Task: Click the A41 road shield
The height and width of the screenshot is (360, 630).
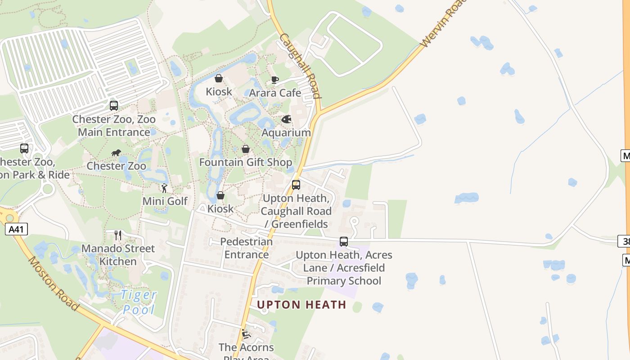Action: click(16, 229)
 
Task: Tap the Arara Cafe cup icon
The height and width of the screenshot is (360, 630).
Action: click(274, 80)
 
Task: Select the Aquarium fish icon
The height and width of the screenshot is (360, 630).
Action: click(287, 120)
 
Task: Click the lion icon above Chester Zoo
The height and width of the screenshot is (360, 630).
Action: click(116, 153)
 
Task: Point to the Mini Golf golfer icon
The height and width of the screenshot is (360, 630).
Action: click(164, 188)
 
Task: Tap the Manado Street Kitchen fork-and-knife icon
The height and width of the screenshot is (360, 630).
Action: click(118, 235)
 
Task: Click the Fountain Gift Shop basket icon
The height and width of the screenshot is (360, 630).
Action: click(246, 149)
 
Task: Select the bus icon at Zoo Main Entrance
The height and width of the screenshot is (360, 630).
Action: click(114, 106)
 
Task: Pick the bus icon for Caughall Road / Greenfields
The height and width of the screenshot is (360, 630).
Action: click(296, 184)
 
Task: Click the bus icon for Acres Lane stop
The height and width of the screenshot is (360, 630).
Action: click(344, 242)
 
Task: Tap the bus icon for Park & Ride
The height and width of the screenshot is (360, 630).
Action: click(24, 148)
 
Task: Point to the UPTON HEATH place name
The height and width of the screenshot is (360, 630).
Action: click(301, 305)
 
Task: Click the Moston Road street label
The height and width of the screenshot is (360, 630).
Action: click(54, 283)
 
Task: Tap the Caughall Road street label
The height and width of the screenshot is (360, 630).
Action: click(300, 66)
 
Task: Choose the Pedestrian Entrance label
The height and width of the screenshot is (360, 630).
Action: click(247, 248)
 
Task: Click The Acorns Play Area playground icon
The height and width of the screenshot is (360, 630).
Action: click(246, 334)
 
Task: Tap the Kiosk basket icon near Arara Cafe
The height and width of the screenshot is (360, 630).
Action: click(219, 79)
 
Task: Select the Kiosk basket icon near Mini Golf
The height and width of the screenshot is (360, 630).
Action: click(220, 195)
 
